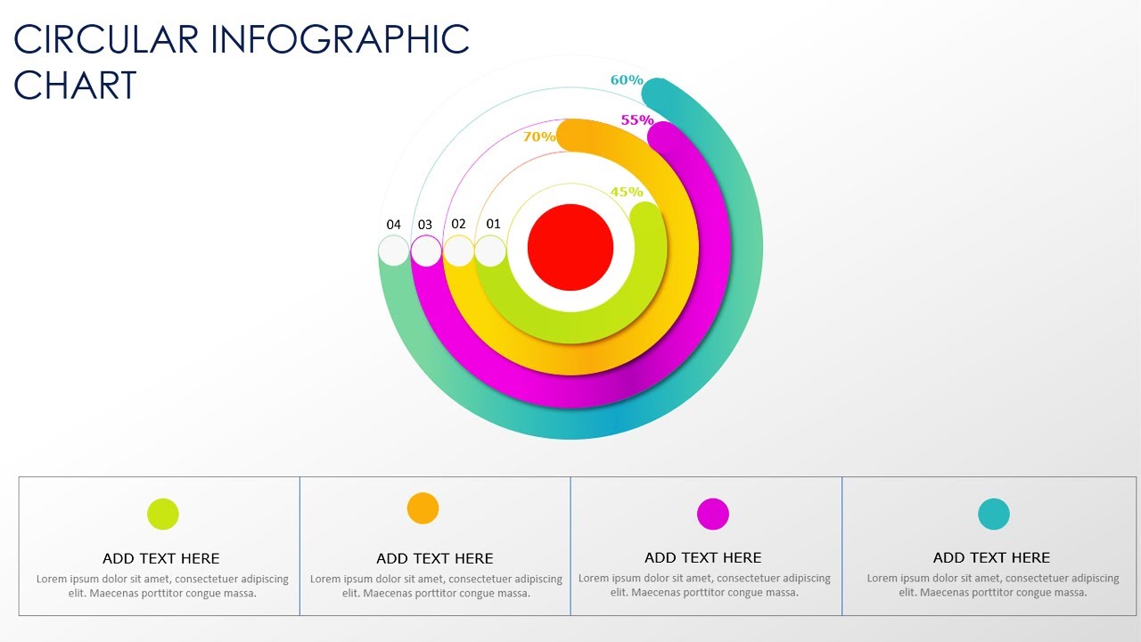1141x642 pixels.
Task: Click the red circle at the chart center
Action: point(570,248)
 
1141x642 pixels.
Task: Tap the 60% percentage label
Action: point(627,80)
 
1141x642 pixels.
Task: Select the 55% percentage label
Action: point(637,119)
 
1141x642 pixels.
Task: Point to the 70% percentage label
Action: point(539,136)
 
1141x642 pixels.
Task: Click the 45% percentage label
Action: point(627,192)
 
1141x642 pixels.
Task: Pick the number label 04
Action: point(394,225)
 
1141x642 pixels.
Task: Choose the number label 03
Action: point(425,225)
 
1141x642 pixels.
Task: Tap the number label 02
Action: point(458,224)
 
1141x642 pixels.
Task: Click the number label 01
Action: point(493,224)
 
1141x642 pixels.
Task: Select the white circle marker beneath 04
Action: point(394,251)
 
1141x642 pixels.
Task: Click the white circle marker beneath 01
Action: point(490,251)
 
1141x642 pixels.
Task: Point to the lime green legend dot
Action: point(163,514)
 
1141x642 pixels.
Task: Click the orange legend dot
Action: point(423,508)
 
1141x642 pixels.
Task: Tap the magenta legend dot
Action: point(713,514)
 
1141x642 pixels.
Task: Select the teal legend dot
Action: point(994,514)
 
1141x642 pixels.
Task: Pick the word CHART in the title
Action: point(76,86)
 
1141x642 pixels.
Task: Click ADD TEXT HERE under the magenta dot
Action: point(703,558)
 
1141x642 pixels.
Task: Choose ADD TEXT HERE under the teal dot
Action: point(991,558)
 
